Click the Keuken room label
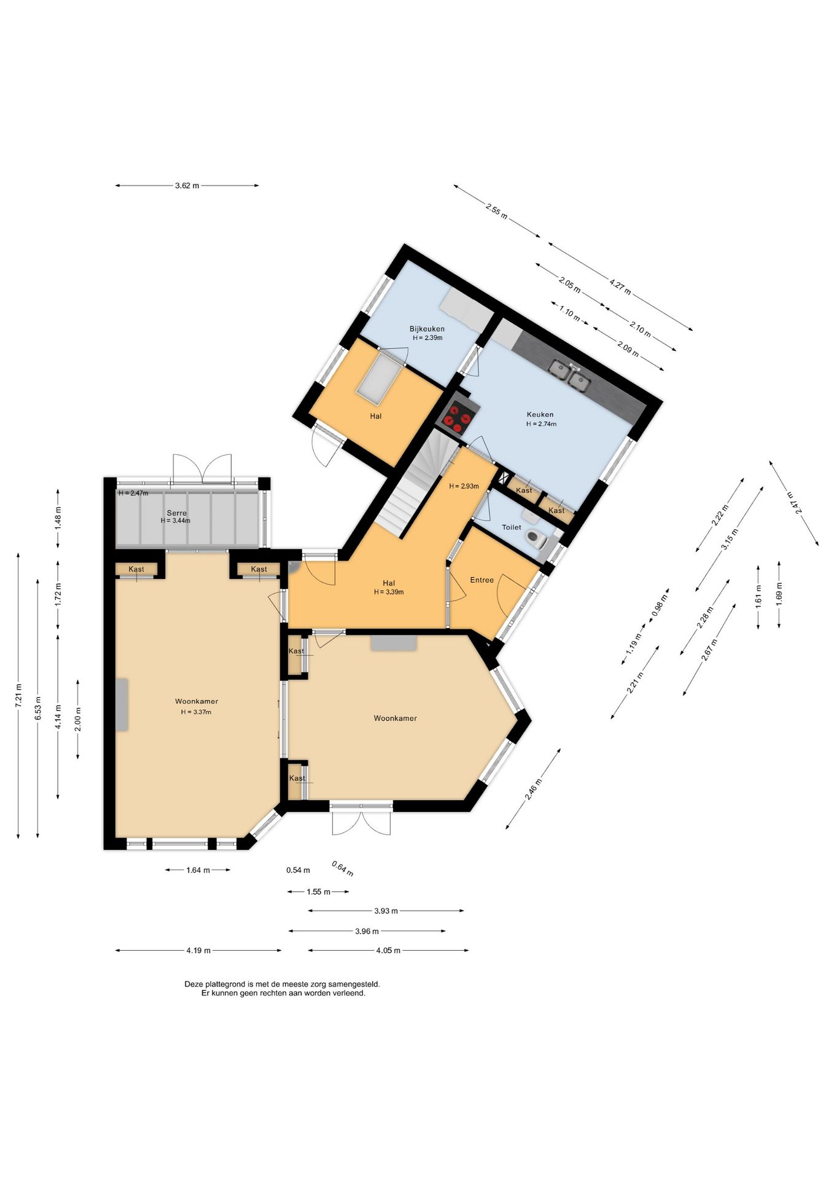(540, 414)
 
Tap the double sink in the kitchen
(569, 376)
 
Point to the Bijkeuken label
(427, 329)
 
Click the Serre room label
(176, 513)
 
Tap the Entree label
(481, 580)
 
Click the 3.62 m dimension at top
(187, 186)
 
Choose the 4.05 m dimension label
(388, 950)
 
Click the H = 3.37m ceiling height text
(196, 712)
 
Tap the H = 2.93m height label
(464, 486)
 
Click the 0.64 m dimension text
(342, 868)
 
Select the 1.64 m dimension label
(198, 870)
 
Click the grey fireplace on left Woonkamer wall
(122, 705)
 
